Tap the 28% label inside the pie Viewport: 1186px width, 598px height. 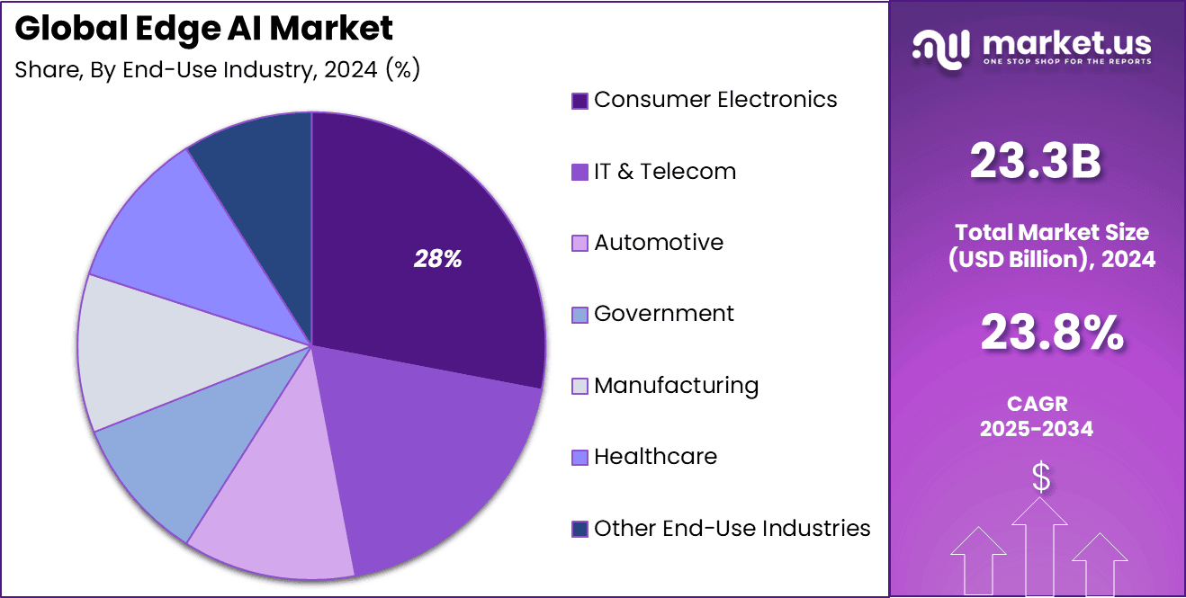pos(437,260)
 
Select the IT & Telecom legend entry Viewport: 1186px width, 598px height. pos(665,172)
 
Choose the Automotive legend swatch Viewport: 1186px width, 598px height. pos(580,243)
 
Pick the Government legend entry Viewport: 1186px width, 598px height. pos(664,314)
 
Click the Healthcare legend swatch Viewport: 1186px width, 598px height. pos(580,457)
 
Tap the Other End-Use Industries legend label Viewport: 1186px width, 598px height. pos(732,528)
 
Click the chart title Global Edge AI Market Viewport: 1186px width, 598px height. pos(204,29)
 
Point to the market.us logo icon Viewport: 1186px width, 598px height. pos(940,46)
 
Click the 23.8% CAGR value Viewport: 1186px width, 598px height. pos(1051,333)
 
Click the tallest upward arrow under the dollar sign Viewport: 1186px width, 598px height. pos(1039,549)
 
